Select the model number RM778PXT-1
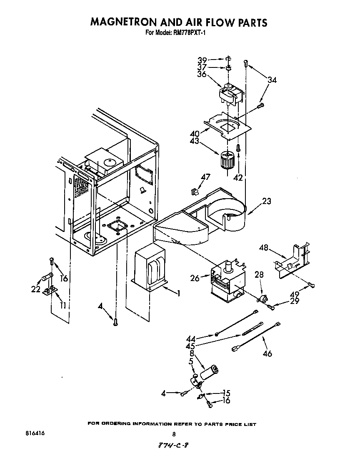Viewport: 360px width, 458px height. point(187,33)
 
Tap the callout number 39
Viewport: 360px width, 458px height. point(202,60)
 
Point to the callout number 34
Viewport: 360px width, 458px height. point(272,80)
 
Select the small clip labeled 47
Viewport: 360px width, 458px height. point(193,192)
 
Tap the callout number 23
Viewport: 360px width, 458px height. point(266,202)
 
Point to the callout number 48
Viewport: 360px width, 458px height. point(264,248)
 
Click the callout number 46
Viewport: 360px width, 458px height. point(267,353)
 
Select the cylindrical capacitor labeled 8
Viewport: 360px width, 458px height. point(210,371)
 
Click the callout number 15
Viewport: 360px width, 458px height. point(226,393)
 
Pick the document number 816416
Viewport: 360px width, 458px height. point(35,433)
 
